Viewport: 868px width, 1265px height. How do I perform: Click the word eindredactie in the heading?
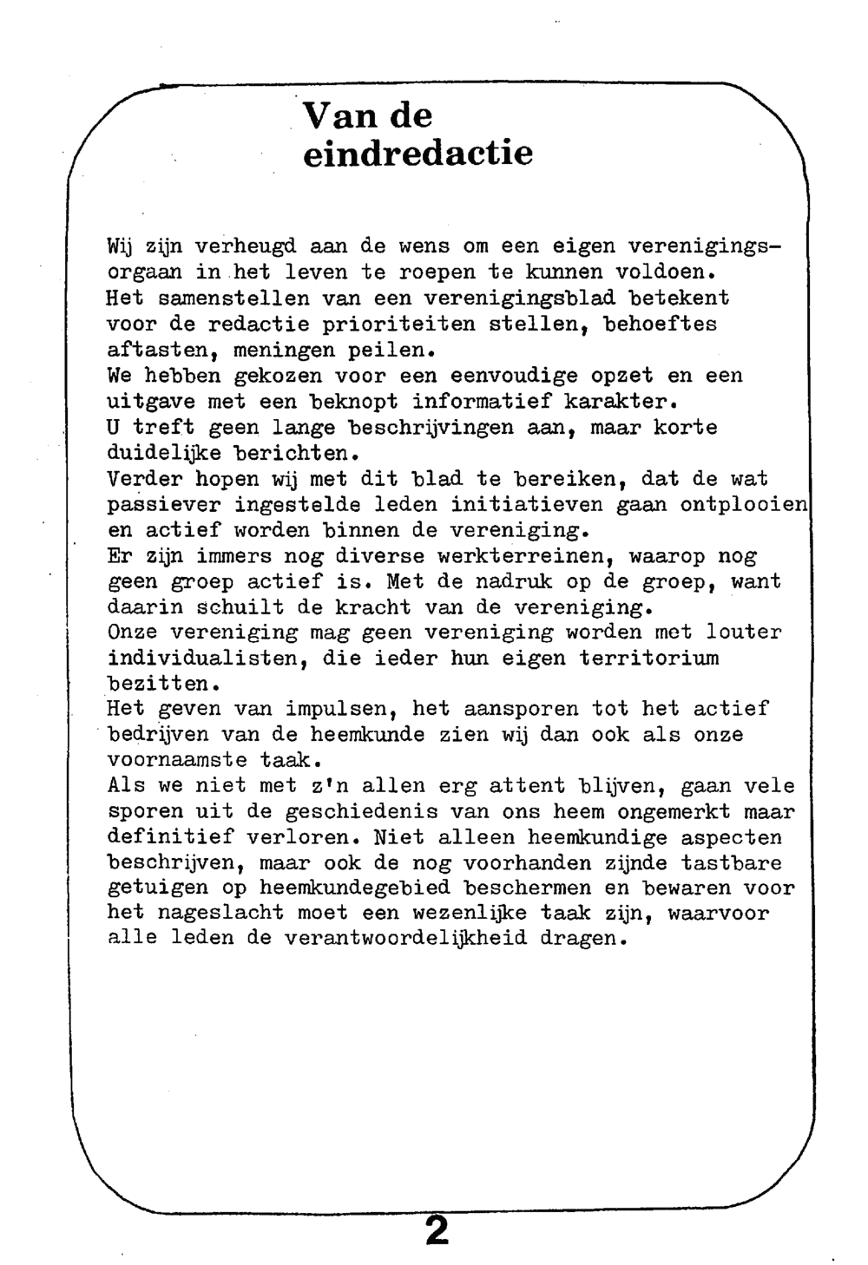click(x=417, y=154)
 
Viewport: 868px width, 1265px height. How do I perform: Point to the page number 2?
click(x=437, y=1230)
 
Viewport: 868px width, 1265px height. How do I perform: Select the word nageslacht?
click(x=220, y=914)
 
